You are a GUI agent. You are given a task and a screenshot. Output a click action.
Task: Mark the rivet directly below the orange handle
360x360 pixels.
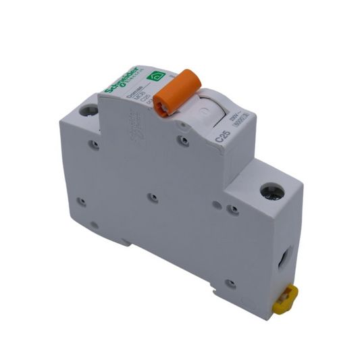click(182, 140)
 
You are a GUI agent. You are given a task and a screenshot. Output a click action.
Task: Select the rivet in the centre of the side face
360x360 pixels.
click(153, 197)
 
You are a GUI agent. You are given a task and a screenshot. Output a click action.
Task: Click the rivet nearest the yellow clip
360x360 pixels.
click(232, 284)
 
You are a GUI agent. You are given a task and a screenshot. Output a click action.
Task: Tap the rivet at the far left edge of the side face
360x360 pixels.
click(80, 201)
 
